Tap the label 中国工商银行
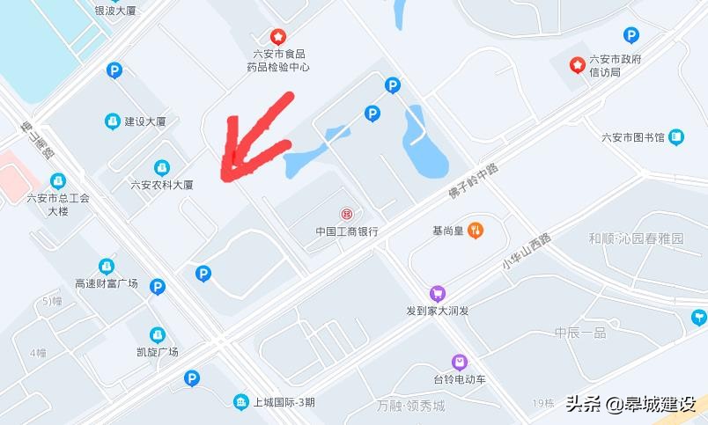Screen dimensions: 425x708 click(x=347, y=232)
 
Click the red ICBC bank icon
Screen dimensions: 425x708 click(x=347, y=214)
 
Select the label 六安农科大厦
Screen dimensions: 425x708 click(x=161, y=186)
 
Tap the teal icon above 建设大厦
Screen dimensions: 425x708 click(x=112, y=121)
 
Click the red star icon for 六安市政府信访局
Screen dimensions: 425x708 click(x=578, y=64)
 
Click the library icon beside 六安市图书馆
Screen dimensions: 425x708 click(x=675, y=136)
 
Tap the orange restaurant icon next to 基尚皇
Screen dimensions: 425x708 click(x=476, y=231)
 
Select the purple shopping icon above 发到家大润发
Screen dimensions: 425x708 click(x=437, y=294)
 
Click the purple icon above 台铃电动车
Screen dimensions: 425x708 click(x=459, y=362)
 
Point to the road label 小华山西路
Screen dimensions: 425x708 click(x=527, y=252)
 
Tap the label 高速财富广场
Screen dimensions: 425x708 click(x=107, y=283)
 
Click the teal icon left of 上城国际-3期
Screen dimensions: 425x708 click(x=240, y=402)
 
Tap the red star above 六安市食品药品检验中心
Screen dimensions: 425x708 click(x=277, y=37)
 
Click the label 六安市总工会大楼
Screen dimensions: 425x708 click(x=58, y=204)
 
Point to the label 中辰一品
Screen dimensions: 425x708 click(x=580, y=333)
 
